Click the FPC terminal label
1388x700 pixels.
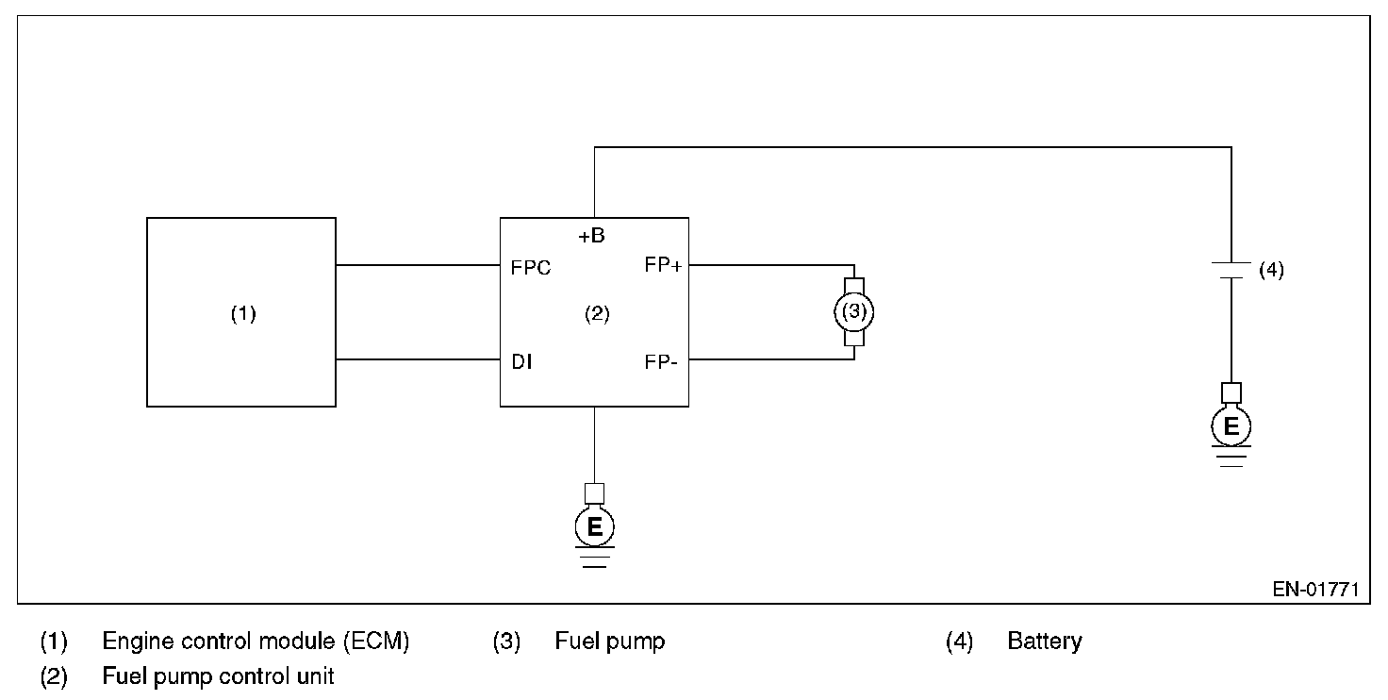click(531, 268)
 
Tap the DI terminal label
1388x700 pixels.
click(521, 361)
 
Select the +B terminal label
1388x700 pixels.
click(592, 236)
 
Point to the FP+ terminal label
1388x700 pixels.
click(663, 265)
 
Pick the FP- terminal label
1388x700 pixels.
click(661, 362)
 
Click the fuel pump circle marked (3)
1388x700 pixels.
click(854, 312)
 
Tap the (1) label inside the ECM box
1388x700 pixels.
click(243, 314)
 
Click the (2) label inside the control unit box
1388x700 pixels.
click(597, 314)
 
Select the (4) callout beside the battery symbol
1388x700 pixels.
click(1271, 271)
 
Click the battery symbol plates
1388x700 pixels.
click(1231, 271)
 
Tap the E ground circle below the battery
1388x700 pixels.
click(1231, 426)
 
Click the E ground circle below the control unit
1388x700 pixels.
click(595, 526)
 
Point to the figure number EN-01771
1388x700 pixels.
click(1315, 589)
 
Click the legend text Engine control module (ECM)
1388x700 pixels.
click(256, 642)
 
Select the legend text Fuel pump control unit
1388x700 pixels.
click(218, 675)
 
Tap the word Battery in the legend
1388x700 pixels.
click(1045, 642)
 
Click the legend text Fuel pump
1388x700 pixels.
click(610, 642)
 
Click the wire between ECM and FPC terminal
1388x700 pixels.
click(419, 265)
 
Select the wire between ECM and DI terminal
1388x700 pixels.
click(419, 359)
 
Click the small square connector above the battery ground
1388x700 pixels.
click(1231, 393)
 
